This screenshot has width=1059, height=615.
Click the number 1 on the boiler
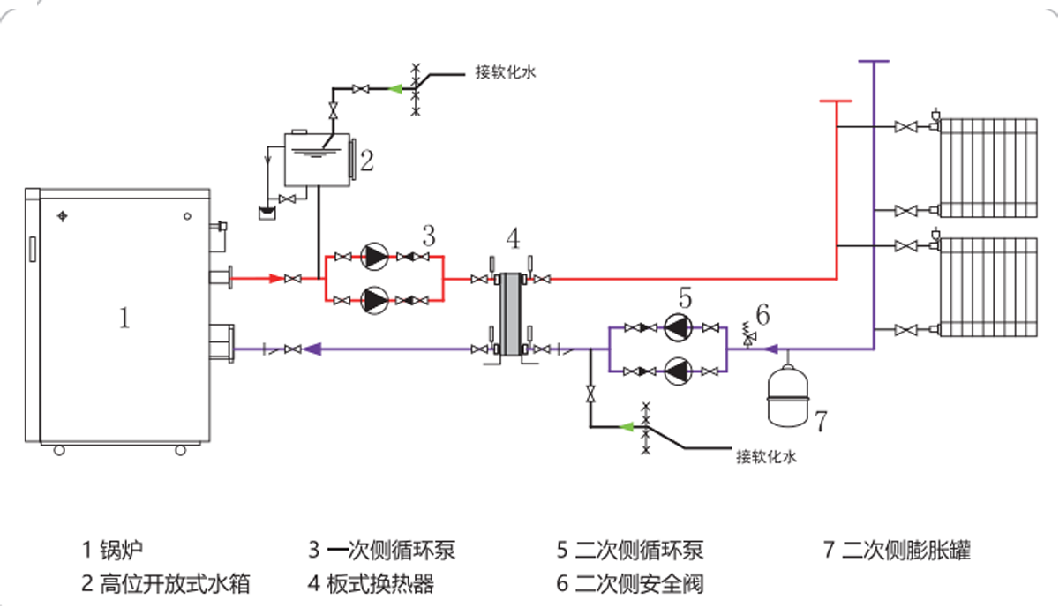[124, 318]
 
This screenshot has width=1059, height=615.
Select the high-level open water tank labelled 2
[316, 161]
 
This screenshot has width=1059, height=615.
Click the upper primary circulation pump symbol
[375, 257]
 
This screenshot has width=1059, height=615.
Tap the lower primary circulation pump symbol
[375, 301]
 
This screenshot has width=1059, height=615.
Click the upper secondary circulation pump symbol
[677, 328]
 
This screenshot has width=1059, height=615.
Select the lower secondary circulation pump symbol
[677, 371]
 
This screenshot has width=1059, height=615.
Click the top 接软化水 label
[506, 73]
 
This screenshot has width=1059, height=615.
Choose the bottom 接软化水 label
[766, 457]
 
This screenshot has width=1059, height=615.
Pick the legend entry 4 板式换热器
[371, 583]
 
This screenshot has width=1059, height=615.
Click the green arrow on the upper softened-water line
[394, 88]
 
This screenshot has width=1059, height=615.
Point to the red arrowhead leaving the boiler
[276, 279]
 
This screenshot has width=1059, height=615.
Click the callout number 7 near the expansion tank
[820, 422]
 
